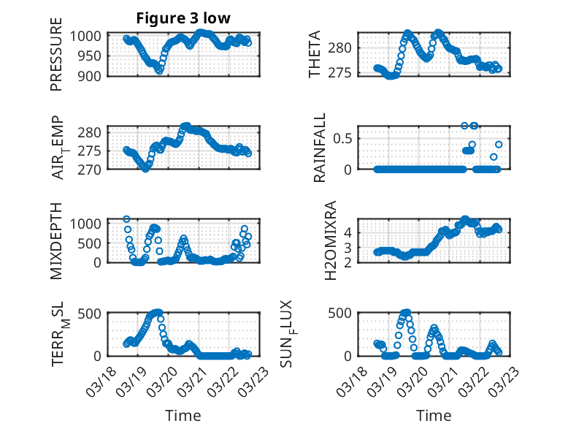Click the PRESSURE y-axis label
pyautogui.click(x=56, y=60)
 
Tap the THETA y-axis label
pyautogui.click(x=315, y=55)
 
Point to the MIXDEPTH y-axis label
pyautogui.click(x=56, y=240)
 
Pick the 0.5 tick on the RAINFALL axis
pyautogui.click(x=343, y=138)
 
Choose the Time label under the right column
pyautogui.click(x=434, y=415)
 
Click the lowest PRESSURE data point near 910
pyautogui.click(x=159, y=71)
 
